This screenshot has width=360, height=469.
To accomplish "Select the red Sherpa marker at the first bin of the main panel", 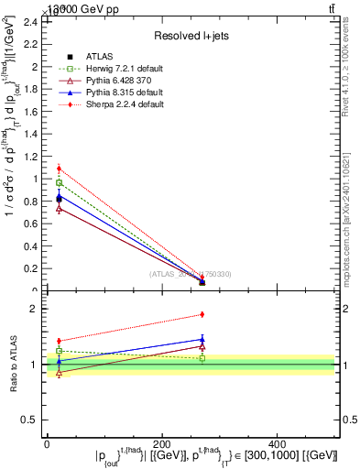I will pos(59,169).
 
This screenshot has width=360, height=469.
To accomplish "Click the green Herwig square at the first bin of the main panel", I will pos(59,183).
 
